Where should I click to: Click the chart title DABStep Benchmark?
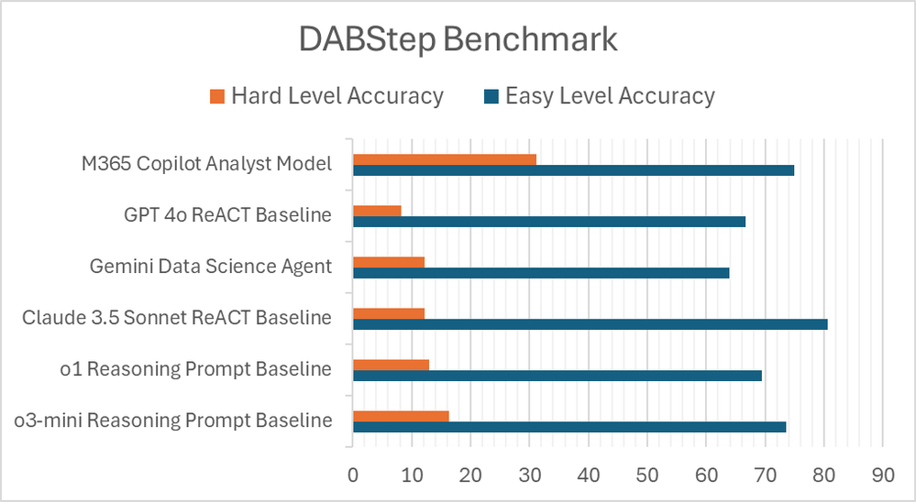458,41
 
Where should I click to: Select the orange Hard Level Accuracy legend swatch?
217,96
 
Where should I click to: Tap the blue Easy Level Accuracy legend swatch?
491,96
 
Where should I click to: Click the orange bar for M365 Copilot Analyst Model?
445,159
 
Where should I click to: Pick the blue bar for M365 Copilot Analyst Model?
573,170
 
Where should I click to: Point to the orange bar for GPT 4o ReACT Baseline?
377,211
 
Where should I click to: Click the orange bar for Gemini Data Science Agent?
389,262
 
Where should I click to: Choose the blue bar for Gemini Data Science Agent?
541,273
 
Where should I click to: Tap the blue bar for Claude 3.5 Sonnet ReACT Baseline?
590,324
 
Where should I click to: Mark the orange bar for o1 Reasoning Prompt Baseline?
391,365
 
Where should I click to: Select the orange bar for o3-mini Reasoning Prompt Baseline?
401,416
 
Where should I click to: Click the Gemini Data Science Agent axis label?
211,267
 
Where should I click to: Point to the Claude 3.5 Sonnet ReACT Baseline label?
177,318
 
